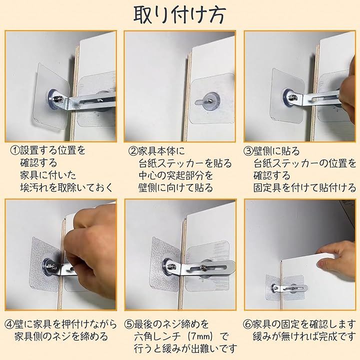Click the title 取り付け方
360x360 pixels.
coord(180,14)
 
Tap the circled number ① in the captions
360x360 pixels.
coord(15,150)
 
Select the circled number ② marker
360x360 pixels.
coord(133,151)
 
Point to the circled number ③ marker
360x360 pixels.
coord(248,151)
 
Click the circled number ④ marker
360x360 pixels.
coord(9,324)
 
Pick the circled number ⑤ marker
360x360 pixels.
coord(129,324)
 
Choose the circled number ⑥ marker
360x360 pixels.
coord(247,324)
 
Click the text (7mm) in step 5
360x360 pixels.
coord(201,336)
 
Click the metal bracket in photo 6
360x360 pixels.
coord(290,287)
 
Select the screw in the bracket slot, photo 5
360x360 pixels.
coord(203,267)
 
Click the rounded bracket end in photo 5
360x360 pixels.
coord(230,266)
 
